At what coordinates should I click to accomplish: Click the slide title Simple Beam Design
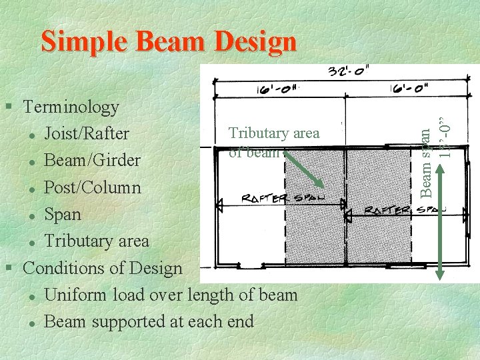pos(169,41)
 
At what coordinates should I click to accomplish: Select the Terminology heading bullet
pos(71,107)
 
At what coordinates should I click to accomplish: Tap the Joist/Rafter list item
pos(86,133)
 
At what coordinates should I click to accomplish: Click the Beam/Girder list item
pos(92,161)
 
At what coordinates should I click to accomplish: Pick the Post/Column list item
pos(92,187)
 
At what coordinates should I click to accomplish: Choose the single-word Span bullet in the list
pos(62,215)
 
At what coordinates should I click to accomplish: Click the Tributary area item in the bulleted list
pos(96,241)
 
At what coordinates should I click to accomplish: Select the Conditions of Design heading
pos(102,268)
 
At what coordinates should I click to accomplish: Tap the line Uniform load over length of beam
pos(170,295)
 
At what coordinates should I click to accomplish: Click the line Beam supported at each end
pos(148,321)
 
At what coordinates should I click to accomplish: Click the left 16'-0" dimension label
pos(278,91)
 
